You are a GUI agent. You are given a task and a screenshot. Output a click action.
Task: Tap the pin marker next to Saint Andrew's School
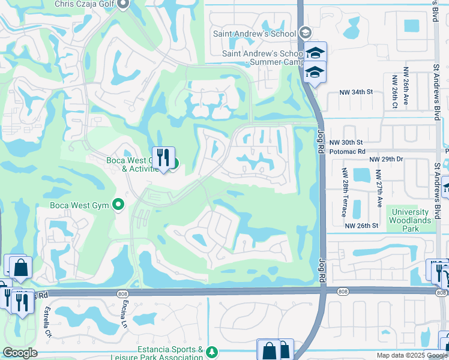305,34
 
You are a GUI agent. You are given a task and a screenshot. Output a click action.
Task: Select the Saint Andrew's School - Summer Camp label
262,58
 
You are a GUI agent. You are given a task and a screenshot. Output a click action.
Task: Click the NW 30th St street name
346,143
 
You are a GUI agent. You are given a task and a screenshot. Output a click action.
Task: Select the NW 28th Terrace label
346,188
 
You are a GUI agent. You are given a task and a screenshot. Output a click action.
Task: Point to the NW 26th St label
361,226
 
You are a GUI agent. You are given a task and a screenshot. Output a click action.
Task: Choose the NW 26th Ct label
395,91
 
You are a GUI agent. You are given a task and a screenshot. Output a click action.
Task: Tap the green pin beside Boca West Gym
119,205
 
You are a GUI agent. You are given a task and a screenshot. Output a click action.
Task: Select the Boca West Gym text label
79,205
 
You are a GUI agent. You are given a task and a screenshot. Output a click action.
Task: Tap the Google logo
20,353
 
